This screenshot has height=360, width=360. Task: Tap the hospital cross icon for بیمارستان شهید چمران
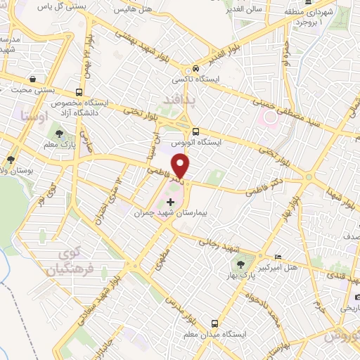(x=169, y=202)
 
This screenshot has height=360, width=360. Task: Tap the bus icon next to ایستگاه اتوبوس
(x=195, y=131)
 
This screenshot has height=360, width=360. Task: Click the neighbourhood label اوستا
(x=34, y=116)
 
